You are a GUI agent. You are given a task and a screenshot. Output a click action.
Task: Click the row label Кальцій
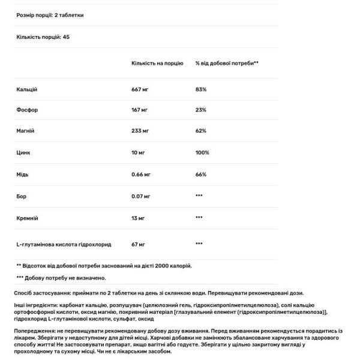click(x=27, y=89)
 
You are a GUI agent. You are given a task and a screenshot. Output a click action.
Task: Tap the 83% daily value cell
click(x=200, y=89)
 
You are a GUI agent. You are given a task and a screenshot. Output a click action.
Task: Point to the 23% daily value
click(x=200, y=110)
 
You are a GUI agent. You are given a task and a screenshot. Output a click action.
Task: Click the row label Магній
click(x=26, y=131)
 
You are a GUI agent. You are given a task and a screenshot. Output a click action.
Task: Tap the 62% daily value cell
click(x=200, y=131)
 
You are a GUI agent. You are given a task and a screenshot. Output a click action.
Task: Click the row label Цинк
click(x=23, y=153)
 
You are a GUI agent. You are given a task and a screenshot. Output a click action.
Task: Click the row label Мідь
click(x=23, y=175)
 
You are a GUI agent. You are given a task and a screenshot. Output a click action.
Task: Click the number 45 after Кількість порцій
click(x=67, y=37)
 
